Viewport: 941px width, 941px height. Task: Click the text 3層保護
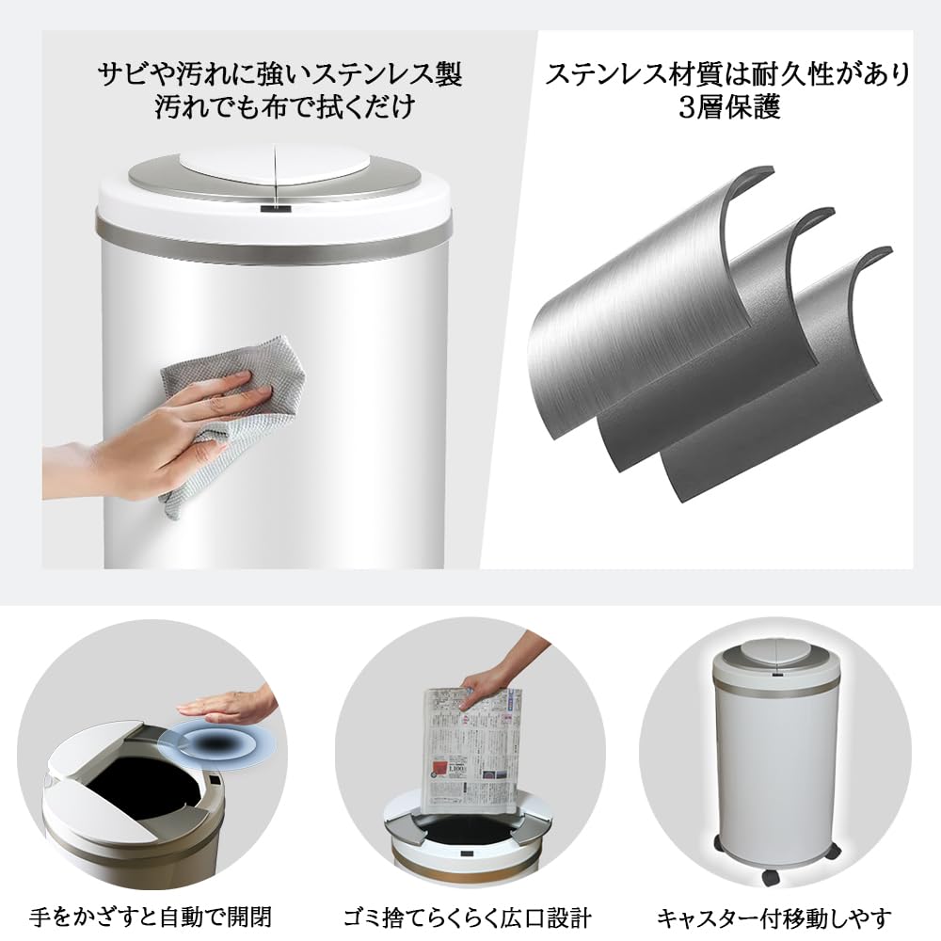pos(729,107)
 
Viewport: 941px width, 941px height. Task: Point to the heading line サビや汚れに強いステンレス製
pos(283,73)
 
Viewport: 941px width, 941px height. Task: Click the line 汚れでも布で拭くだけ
pos(283,106)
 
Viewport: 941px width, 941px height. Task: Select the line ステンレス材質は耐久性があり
pos(729,74)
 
